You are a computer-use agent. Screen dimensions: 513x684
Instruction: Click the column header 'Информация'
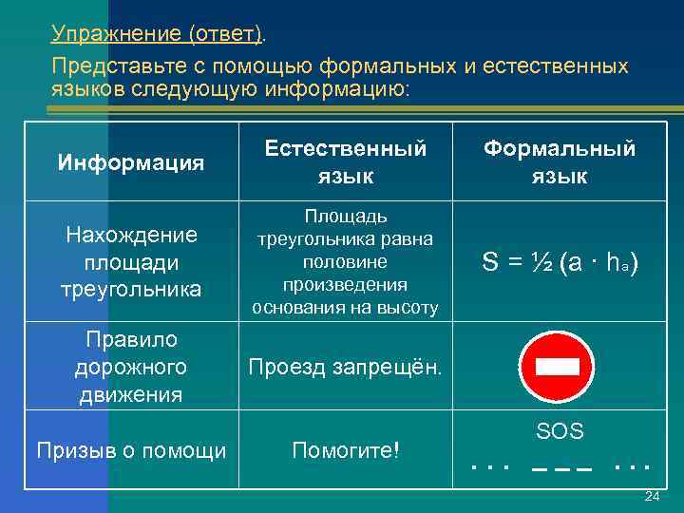[131, 162]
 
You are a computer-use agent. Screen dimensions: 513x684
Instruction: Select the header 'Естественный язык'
[345, 161]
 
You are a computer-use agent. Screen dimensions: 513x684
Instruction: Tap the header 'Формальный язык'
[560, 161]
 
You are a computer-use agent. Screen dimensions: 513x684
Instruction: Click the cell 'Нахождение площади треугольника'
[131, 261]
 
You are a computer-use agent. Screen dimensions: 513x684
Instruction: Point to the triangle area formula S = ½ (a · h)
[560, 263]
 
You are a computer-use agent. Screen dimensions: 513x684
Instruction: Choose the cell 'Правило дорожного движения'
[131, 367]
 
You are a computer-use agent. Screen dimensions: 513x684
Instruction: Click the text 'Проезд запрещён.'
[345, 367]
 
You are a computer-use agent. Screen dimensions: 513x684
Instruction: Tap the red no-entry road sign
[557, 367]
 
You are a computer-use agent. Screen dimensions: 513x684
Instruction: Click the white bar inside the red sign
[557, 368]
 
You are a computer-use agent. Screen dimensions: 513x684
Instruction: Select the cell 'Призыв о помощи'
[131, 450]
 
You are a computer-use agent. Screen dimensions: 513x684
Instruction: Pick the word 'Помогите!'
[345, 450]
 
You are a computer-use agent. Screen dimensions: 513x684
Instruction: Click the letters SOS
[560, 432]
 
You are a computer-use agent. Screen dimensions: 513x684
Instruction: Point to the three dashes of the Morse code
[560, 467]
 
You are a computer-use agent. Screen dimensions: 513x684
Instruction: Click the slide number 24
[652, 497]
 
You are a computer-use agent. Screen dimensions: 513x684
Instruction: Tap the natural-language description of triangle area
[345, 261]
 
